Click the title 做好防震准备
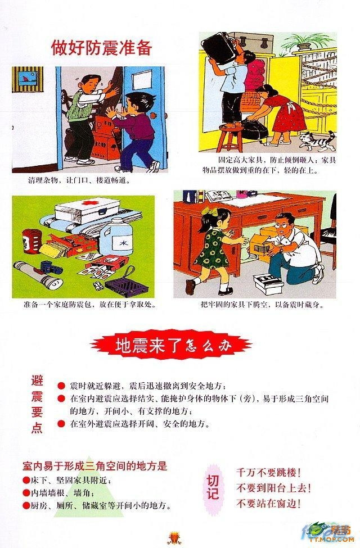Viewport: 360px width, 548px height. click(x=102, y=48)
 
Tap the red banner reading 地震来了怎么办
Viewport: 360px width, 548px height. click(x=171, y=345)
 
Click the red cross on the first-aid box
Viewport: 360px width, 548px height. click(x=87, y=203)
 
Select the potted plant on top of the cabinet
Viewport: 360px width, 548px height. click(x=303, y=42)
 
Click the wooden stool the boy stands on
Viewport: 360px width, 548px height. click(x=231, y=138)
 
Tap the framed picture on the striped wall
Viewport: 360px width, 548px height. click(x=29, y=79)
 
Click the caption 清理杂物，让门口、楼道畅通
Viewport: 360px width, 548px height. click(x=79, y=180)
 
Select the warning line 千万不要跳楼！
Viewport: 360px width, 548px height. click(x=269, y=473)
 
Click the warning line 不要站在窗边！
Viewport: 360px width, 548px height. click(x=269, y=504)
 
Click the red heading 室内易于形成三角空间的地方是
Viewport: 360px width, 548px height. click(x=95, y=466)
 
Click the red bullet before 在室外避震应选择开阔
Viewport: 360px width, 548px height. click(x=61, y=424)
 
